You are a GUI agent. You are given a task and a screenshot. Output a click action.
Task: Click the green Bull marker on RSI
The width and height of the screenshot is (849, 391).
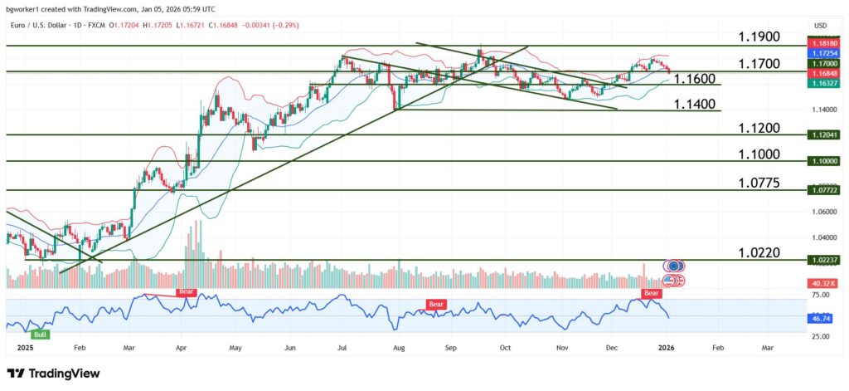coord(40,334)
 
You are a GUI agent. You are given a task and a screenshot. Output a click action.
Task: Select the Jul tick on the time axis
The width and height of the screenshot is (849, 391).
coord(341,349)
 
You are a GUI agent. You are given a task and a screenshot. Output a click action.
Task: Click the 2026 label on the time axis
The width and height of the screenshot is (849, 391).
coord(667,349)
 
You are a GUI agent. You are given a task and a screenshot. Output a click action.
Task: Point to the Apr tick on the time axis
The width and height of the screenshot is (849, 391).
coord(182,349)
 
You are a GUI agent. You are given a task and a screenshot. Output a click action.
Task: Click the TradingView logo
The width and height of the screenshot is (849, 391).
coord(53,374)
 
